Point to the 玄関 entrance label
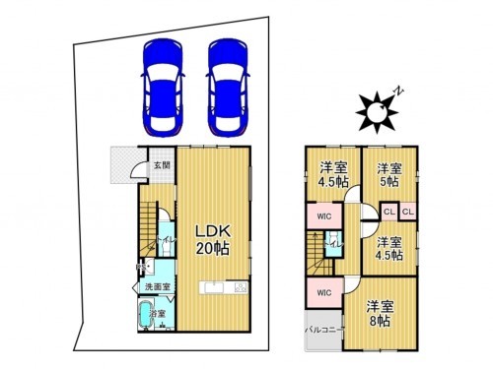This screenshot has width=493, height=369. click(x=161, y=165)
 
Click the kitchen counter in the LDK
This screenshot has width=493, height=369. click(x=224, y=288)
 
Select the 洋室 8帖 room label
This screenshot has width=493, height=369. click(x=379, y=313)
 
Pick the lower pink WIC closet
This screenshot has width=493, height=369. click(x=323, y=292)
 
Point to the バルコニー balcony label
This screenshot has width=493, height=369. click(x=323, y=330)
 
